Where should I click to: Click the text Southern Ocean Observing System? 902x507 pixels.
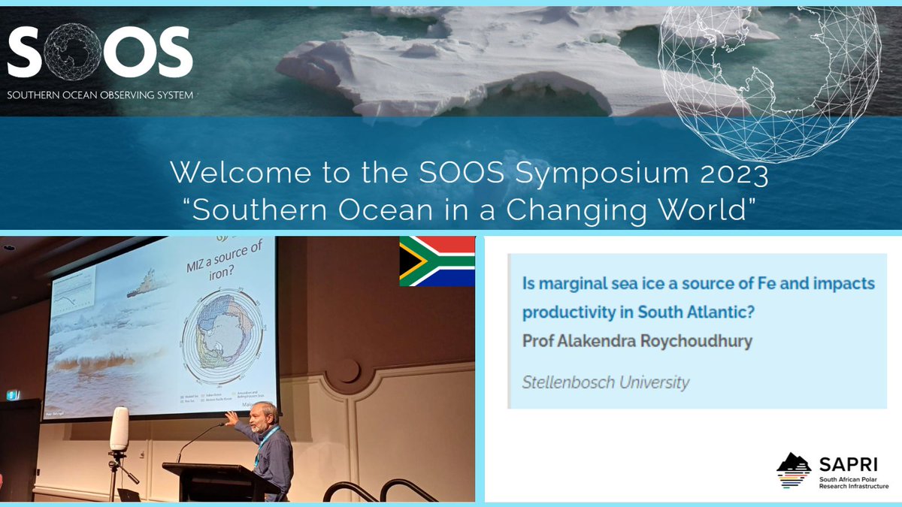(x=99, y=95)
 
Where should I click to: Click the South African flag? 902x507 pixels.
(x=437, y=261)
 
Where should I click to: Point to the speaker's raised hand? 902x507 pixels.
(x=231, y=418)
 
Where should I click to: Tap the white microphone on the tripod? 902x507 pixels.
(x=119, y=429)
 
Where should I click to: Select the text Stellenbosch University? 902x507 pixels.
(x=605, y=382)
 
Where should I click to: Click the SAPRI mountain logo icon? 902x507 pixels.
(x=794, y=470)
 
